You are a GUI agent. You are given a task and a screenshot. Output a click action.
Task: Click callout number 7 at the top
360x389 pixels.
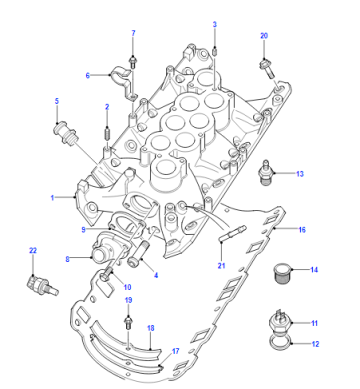133,33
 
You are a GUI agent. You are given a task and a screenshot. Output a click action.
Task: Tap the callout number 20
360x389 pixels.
264,36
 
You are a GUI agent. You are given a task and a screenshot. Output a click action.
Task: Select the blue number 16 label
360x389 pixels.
302,230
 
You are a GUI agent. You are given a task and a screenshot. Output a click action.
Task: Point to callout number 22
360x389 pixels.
33,250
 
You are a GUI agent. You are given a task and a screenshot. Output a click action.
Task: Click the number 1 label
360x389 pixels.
52,198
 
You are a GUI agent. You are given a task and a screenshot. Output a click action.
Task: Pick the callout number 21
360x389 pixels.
221,265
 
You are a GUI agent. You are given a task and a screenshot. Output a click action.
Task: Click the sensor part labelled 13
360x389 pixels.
265,172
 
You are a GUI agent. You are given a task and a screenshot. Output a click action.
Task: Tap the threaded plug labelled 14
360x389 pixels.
282,273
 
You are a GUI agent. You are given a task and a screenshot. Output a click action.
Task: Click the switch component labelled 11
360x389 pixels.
280,322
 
